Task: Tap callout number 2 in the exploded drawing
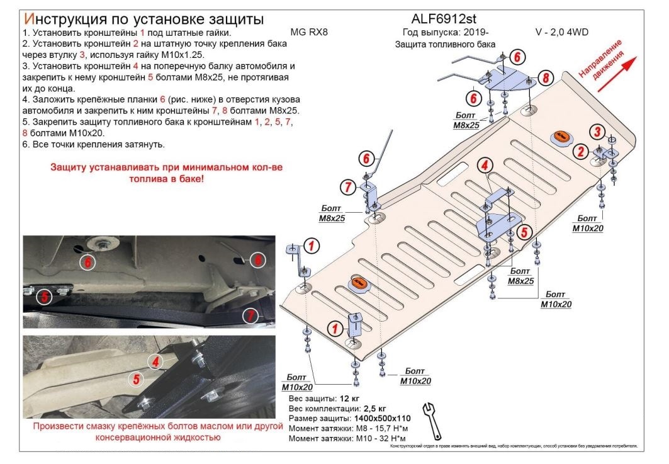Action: (x=581, y=151)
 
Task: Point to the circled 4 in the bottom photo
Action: (x=155, y=360)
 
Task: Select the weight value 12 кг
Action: (x=351, y=399)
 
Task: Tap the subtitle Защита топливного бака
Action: (x=445, y=44)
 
